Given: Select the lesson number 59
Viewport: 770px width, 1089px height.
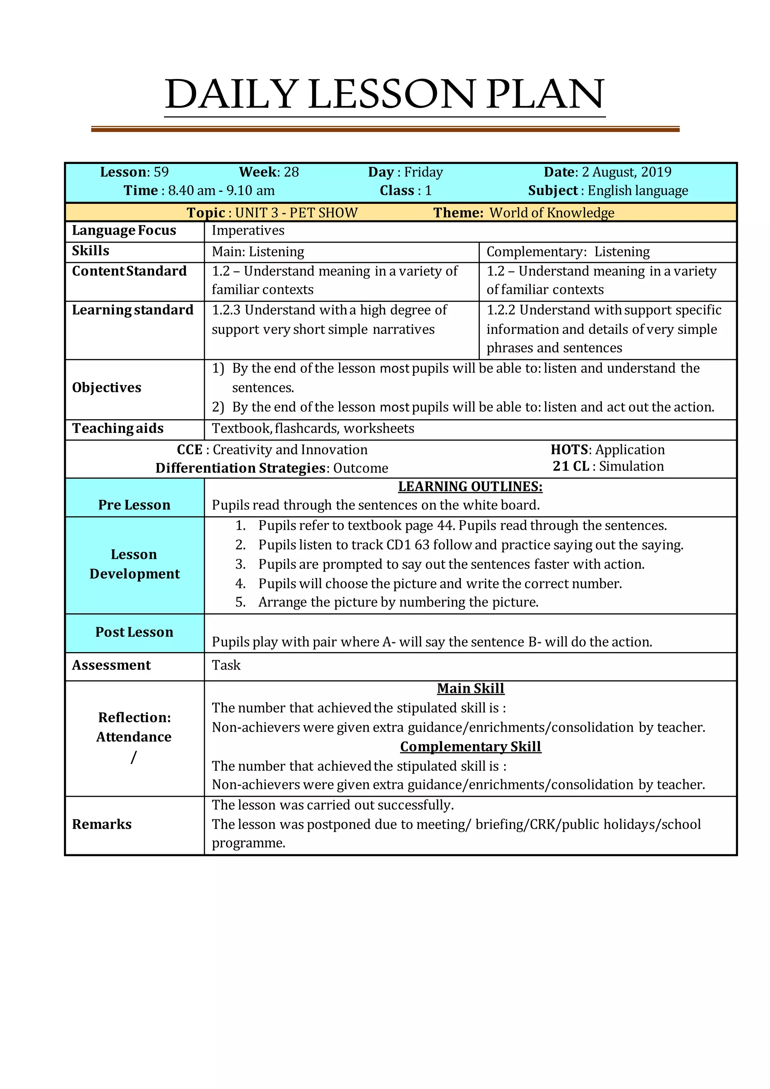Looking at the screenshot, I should (161, 172).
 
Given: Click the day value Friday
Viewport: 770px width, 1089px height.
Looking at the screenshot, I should (423, 172).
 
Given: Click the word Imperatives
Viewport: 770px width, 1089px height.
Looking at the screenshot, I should (248, 231).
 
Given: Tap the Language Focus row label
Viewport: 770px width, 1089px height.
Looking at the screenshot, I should (124, 231).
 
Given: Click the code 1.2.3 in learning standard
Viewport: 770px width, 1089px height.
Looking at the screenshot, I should (226, 310).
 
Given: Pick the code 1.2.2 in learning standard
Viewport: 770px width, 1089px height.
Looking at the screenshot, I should (501, 310).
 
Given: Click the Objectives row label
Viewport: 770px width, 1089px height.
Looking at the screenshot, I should (107, 388).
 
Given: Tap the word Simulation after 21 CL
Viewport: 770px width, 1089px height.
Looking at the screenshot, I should (631, 466).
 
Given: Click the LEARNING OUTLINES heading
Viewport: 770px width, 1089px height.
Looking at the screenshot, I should (470, 487).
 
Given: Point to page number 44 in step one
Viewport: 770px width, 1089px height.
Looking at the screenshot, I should (446, 526).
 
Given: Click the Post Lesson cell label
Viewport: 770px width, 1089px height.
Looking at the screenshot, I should (134, 632).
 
